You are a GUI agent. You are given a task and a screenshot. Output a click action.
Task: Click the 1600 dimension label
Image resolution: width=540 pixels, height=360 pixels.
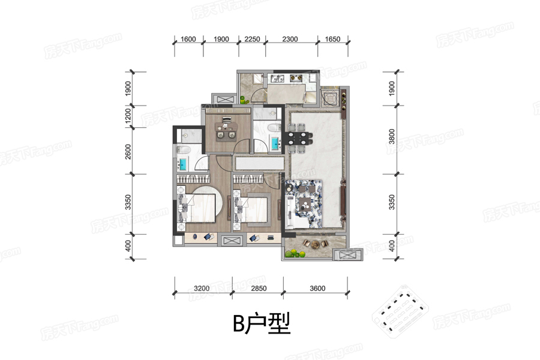[188, 39]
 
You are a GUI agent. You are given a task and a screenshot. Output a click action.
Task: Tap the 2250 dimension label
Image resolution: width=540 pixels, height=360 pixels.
[252, 39]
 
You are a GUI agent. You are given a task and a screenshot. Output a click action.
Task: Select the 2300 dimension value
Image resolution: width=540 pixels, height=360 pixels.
[290, 39]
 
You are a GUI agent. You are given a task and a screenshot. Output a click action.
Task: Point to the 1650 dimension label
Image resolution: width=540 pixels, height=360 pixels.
[332, 39]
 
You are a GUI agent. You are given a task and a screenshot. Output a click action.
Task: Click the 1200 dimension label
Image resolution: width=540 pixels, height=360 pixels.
[128, 116]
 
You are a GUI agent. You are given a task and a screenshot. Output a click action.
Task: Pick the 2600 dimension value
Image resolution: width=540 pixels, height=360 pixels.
[128, 152]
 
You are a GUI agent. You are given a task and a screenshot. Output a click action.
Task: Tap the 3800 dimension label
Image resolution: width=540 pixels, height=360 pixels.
[392, 136]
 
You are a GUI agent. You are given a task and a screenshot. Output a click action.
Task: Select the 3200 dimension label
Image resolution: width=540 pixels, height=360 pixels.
[202, 289]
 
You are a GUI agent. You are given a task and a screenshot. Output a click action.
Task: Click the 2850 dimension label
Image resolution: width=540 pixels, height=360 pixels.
[259, 289]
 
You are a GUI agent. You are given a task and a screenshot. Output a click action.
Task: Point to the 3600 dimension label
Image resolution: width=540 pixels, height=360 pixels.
[317, 289]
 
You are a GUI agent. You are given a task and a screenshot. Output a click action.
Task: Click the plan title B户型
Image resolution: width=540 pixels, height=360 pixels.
[262, 323]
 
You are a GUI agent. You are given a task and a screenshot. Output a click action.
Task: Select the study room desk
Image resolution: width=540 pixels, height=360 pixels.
[226, 127]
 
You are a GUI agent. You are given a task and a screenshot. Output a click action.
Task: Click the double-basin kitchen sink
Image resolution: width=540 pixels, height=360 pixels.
[277, 79]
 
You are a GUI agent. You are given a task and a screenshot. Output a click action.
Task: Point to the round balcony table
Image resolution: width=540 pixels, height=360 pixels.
[316, 245]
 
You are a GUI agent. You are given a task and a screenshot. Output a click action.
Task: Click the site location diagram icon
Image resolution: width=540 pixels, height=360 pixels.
[400, 310]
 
